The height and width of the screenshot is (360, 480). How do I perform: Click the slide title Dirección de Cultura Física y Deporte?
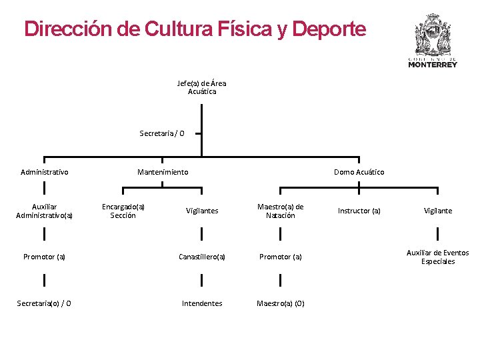[195, 29]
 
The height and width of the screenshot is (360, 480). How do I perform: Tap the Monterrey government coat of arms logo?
[433, 40]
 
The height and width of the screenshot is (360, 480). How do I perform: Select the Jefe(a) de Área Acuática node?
[201, 87]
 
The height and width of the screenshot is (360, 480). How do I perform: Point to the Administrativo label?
[44, 172]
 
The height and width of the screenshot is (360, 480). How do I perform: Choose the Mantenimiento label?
[163, 172]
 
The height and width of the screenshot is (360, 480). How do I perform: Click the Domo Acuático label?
[359, 172]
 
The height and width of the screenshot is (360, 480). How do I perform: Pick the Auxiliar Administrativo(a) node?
[44, 211]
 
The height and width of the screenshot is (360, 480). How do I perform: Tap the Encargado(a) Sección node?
[123, 211]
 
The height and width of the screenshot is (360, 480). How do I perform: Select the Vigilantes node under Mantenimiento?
[201, 211]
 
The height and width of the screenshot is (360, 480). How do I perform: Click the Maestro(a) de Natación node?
[280, 211]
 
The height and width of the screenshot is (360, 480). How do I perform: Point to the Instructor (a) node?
[359, 211]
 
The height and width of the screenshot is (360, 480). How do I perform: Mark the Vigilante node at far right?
[438, 211]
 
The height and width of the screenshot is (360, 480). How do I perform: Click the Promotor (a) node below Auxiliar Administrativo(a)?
[44, 257]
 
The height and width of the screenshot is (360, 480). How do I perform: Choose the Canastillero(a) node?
[201, 257]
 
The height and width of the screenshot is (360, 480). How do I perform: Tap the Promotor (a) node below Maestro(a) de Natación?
[280, 257]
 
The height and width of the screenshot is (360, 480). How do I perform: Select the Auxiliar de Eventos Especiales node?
[438, 257]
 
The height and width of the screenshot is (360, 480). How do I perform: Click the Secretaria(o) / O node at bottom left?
[44, 303]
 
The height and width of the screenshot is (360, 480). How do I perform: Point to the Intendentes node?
[201, 303]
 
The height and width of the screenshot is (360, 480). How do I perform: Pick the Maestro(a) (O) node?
[280, 303]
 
